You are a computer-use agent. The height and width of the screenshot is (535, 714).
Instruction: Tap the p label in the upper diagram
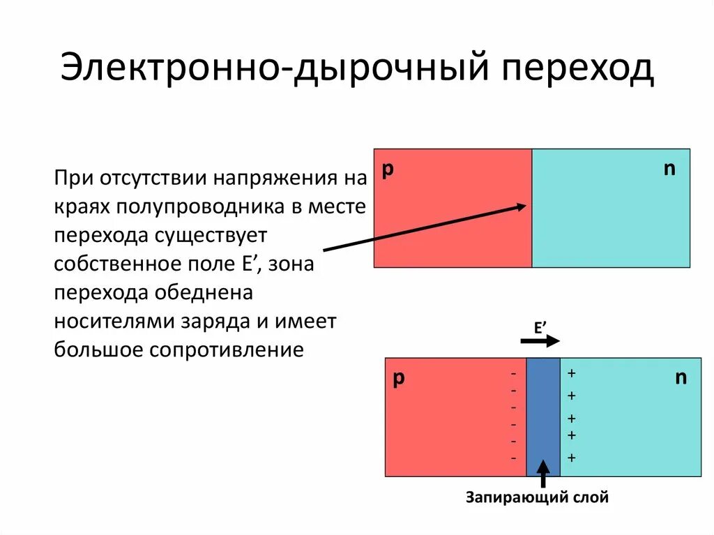point(388,170)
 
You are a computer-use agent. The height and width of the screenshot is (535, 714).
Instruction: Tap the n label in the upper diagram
point(669,169)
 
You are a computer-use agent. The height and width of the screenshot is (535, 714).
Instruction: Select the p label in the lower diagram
point(399,378)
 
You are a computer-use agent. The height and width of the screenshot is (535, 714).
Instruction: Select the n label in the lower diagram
point(681,378)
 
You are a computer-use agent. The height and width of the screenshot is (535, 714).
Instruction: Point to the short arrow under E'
point(540,341)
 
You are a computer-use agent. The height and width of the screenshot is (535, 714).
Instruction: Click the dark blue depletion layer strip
point(543,416)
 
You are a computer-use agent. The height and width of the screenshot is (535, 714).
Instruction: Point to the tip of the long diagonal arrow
point(524,206)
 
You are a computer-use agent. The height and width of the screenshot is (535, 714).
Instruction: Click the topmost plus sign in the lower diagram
point(571,373)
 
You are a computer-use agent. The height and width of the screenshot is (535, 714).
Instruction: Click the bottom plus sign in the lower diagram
point(572,458)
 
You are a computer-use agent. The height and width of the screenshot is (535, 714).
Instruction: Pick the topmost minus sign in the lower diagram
point(514,374)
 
